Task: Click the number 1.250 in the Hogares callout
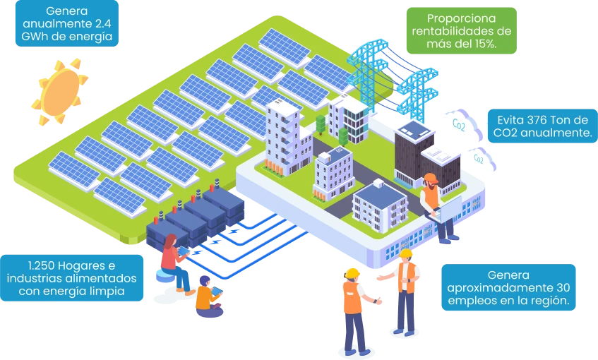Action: click(42, 265)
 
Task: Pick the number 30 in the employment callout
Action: click(559, 288)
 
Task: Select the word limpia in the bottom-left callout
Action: click(106, 291)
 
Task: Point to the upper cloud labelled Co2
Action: click(460, 124)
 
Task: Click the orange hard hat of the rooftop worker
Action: click(431, 179)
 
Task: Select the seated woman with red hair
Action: click(171, 261)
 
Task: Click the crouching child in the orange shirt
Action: click(206, 294)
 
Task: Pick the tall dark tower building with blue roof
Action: click(413, 152)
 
